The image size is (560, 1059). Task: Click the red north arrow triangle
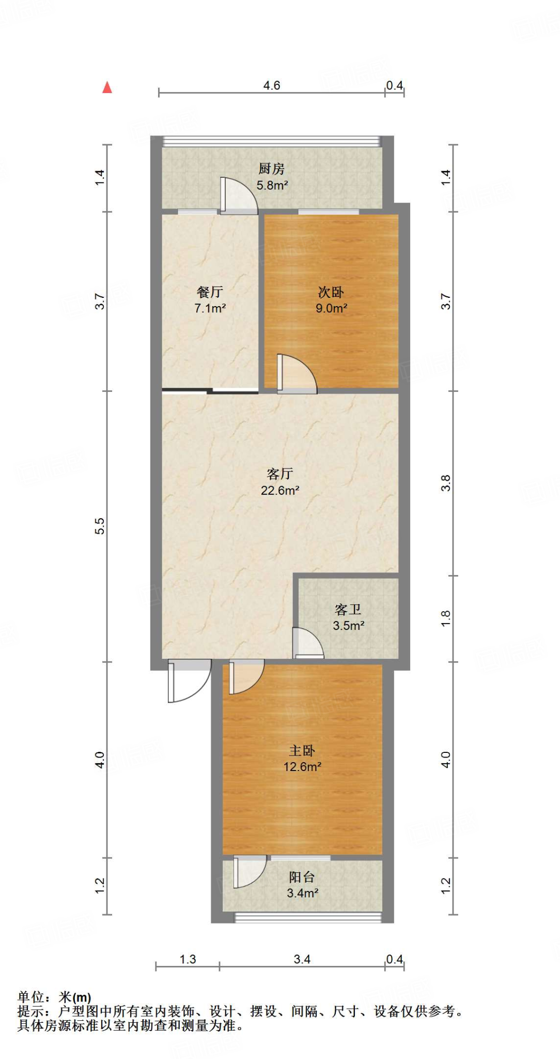[107, 87]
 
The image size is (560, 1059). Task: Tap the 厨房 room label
[271, 169]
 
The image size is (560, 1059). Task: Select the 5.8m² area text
[272, 185]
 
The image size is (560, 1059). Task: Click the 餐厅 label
[210, 292]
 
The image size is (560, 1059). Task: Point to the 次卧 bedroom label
[331, 292]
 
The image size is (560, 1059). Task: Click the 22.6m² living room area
[280, 490]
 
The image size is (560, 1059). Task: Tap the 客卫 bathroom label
[348, 610]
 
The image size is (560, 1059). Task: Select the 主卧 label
[302, 751]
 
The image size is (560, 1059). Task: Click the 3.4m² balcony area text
[302, 892]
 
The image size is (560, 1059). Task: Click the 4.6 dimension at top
[272, 85]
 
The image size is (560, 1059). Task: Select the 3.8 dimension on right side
[446, 483]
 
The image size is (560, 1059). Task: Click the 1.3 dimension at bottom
[188, 959]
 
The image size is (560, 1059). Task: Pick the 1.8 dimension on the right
[446, 618]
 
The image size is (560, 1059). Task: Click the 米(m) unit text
[75, 997]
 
